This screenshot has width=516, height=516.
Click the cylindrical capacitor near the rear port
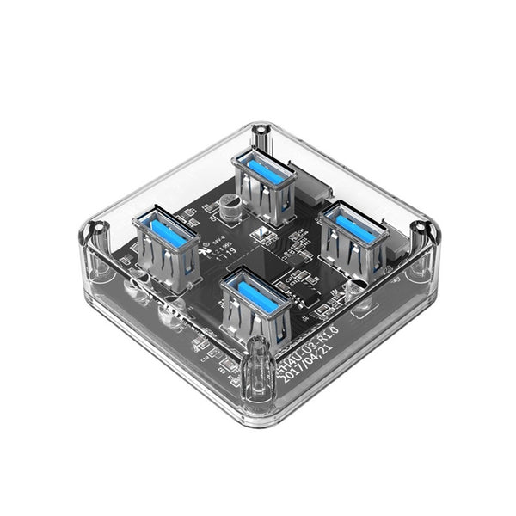click(229, 211)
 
